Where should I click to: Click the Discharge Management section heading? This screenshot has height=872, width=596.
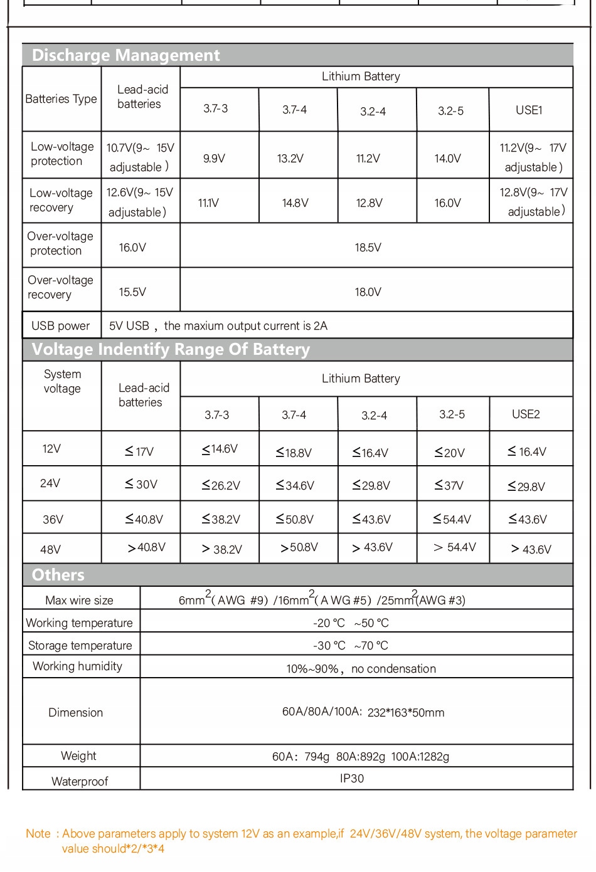click(x=125, y=55)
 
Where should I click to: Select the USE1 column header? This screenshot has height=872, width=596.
click(x=529, y=110)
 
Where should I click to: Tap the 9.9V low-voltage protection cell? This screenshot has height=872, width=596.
click(x=214, y=159)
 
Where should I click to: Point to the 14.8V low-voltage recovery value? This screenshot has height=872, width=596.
click(x=295, y=203)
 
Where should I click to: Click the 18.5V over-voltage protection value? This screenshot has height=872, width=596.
click(x=368, y=248)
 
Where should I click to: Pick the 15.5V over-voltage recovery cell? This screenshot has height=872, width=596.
click(x=132, y=292)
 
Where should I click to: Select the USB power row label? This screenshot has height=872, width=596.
click(x=61, y=326)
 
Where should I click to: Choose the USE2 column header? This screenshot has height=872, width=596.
click(x=526, y=414)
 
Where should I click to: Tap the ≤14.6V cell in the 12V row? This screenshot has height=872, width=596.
click(x=220, y=449)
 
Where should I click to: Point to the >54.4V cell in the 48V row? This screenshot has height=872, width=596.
click(x=455, y=548)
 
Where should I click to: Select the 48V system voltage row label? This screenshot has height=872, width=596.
click(x=50, y=550)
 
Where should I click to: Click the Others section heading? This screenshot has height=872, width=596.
click(x=58, y=575)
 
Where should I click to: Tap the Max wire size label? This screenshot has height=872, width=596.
click(x=79, y=601)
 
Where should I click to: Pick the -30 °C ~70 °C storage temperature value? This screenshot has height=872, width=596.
click(x=351, y=646)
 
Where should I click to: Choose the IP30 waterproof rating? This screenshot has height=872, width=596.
click(x=351, y=779)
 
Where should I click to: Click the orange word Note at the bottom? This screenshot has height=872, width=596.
click(x=38, y=834)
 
